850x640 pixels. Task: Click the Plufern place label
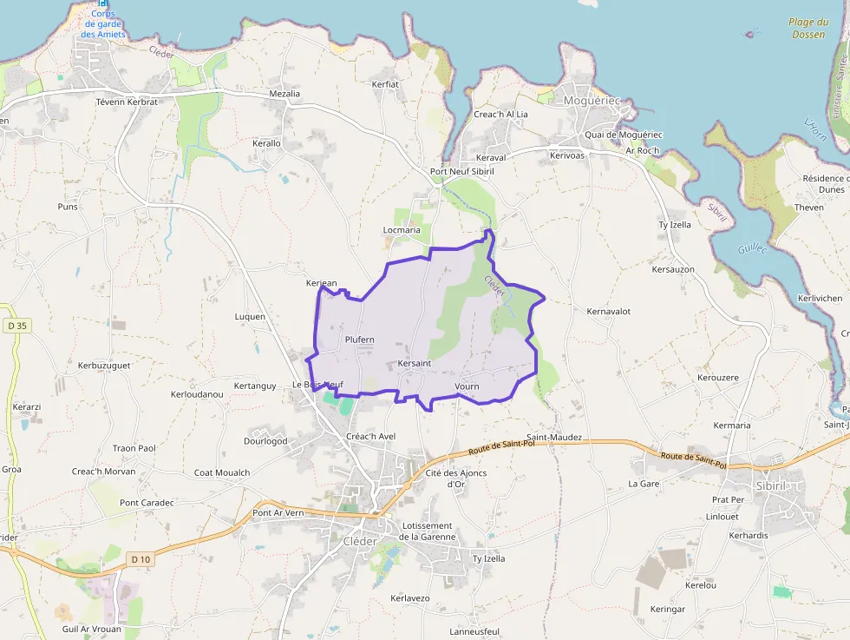coord(359,340)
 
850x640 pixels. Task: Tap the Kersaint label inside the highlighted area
coord(414,363)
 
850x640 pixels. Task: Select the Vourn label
coord(467,386)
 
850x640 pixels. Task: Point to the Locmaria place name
coord(402,230)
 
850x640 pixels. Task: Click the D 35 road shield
coord(16,326)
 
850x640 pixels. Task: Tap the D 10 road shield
coord(140,559)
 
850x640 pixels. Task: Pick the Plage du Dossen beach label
coord(807,29)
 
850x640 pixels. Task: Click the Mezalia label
coord(284,94)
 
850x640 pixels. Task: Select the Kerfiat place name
coord(385,84)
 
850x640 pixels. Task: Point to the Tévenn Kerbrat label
coord(127,102)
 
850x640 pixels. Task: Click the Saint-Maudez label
coord(554,438)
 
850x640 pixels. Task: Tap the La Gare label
coord(644,483)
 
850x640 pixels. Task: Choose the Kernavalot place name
coord(608,311)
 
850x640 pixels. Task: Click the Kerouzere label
coord(717,378)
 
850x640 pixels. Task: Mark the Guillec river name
coord(752,248)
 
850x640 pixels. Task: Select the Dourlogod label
coord(265,441)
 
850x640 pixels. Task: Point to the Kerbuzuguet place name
coord(104,366)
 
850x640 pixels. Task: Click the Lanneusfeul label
coord(462,631)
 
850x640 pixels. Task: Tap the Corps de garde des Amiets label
coord(103,25)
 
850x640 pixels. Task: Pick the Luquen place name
coord(250,317)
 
